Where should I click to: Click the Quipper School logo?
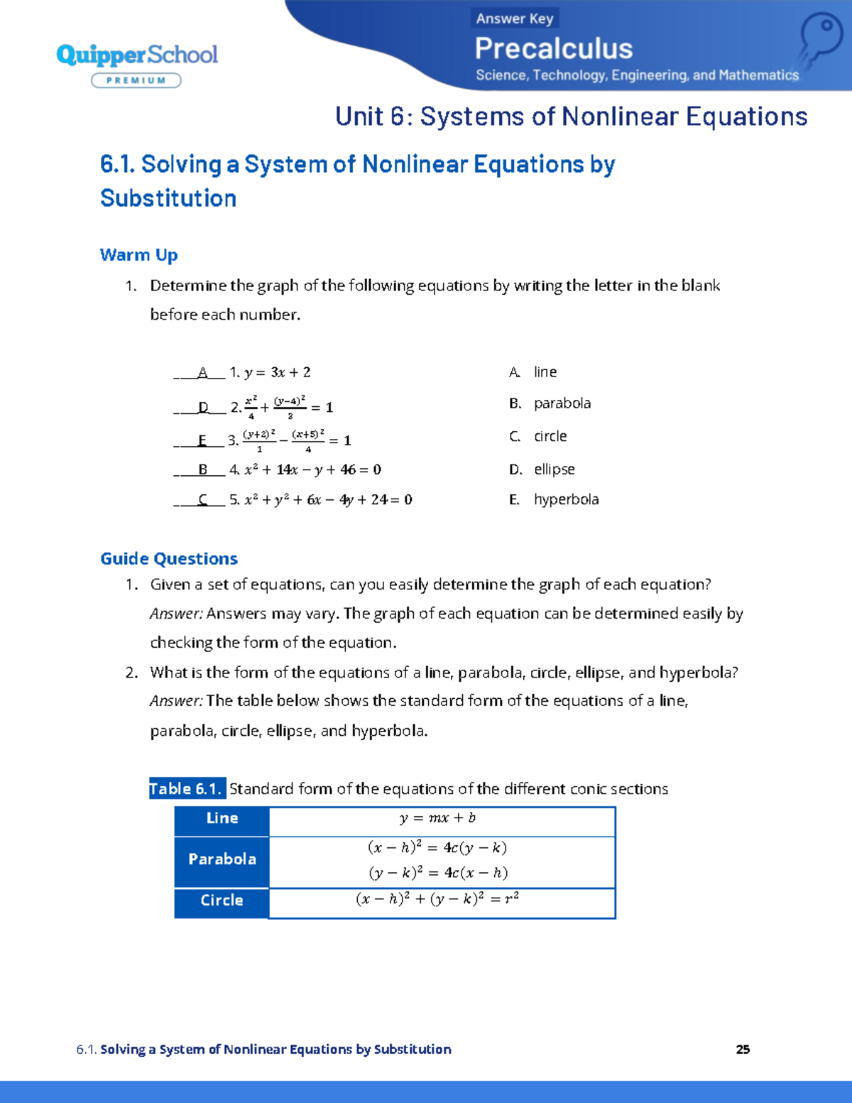tap(137, 55)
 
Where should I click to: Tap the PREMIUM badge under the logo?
tap(136, 81)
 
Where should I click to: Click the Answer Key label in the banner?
tap(515, 18)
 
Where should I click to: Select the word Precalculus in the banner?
tap(553, 49)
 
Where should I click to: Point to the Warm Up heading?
tap(138, 255)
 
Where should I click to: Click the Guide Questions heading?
tap(169, 559)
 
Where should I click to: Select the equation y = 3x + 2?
tap(277, 372)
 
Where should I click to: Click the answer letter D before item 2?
tap(204, 408)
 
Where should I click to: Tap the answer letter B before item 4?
tap(203, 469)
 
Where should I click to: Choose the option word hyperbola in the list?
tap(566, 499)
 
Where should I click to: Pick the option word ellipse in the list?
tap(554, 469)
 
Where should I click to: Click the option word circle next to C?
tap(550, 436)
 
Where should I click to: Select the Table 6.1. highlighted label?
tap(187, 789)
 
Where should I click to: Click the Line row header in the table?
tap(222, 818)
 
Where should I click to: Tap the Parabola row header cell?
tap(222, 859)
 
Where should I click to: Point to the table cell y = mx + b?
tap(437, 818)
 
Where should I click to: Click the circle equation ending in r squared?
tap(437, 899)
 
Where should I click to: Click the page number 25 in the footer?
tap(743, 1050)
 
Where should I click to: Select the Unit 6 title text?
tap(571, 116)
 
